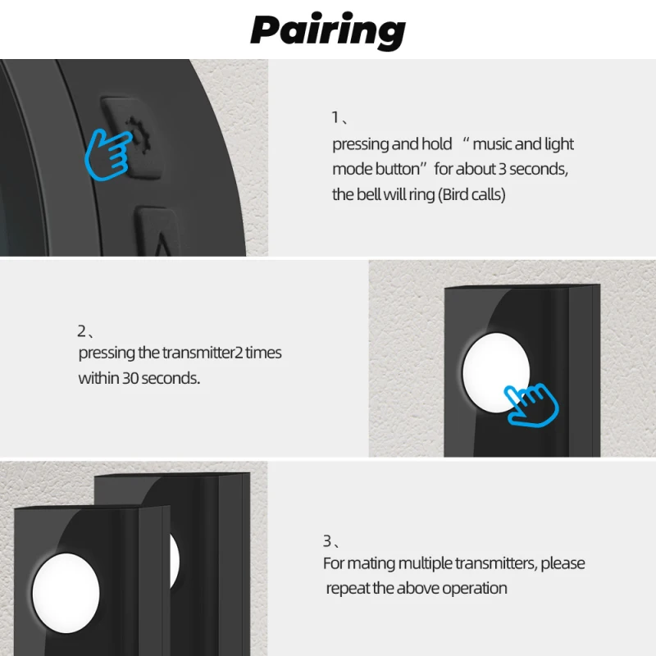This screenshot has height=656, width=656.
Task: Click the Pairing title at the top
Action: point(327,30)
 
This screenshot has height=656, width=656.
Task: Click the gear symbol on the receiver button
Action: point(138,134)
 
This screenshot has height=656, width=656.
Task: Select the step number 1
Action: point(335,117)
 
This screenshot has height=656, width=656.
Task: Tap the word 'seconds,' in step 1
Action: point(539,169)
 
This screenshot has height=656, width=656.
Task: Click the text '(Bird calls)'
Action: point(471,194)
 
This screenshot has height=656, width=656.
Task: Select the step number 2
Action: point(81,331)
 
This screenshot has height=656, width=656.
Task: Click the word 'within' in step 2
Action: point(98,378)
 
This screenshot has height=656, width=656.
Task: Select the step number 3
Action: point(326,541)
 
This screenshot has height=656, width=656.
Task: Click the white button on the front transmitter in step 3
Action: point(66,593)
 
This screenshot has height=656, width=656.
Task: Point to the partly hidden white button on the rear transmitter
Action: point(175,561)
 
